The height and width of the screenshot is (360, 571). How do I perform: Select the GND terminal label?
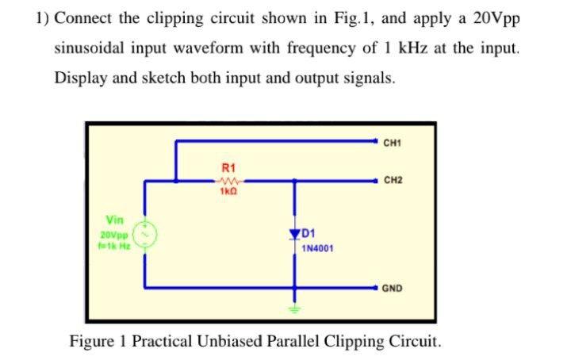click(x=393, y=289)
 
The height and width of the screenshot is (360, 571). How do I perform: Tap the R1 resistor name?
click(x=228, y=168)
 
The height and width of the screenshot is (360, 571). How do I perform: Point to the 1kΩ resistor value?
click(x=228, y=191)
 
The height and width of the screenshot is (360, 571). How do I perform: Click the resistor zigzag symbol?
click(x=228, y=180)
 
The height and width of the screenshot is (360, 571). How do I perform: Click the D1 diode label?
click(x=309, y=234)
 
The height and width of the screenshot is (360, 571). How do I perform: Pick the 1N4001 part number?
click(x=317, y=248)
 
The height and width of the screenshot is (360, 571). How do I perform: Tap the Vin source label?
click(x=115, y=220)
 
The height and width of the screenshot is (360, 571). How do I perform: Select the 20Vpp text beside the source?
click(x=114, y=235)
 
